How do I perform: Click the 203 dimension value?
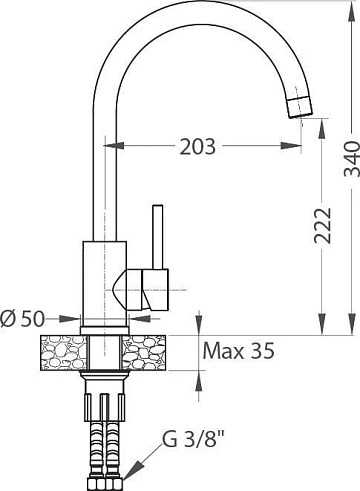click(x=198, y=147)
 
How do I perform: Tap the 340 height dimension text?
click(x=352, y=159)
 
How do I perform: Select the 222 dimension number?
click(x=323, y=226)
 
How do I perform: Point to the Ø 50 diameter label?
click(x=22, y=319)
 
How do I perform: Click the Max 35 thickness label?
click(x=239, y=350)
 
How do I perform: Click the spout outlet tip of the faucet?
click(x=300, y=107)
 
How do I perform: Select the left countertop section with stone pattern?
click(x=63, y=353)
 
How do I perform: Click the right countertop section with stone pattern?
click(x=144, y=353)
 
